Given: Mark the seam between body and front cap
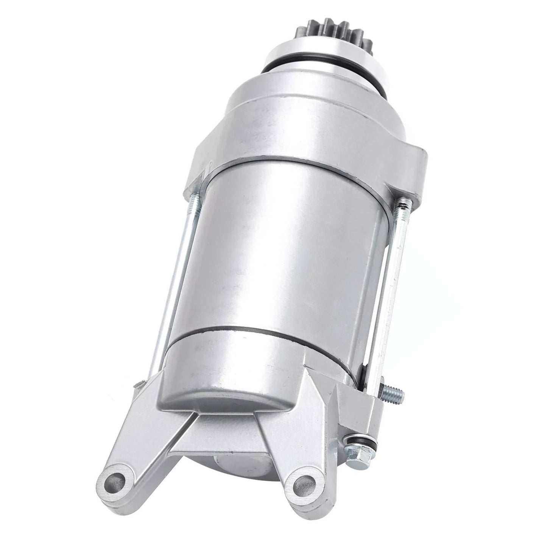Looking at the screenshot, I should (x=303, y=163).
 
